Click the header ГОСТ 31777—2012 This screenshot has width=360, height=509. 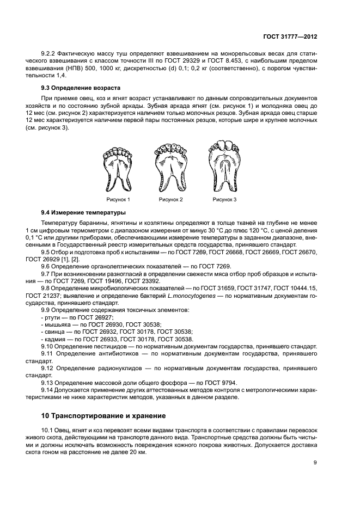point(291,36)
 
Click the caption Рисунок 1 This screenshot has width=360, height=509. point(118,200)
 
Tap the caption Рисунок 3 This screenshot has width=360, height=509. point(224,200)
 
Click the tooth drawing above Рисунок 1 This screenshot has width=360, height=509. point(118,168)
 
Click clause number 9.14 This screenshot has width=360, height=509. point(48,389)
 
